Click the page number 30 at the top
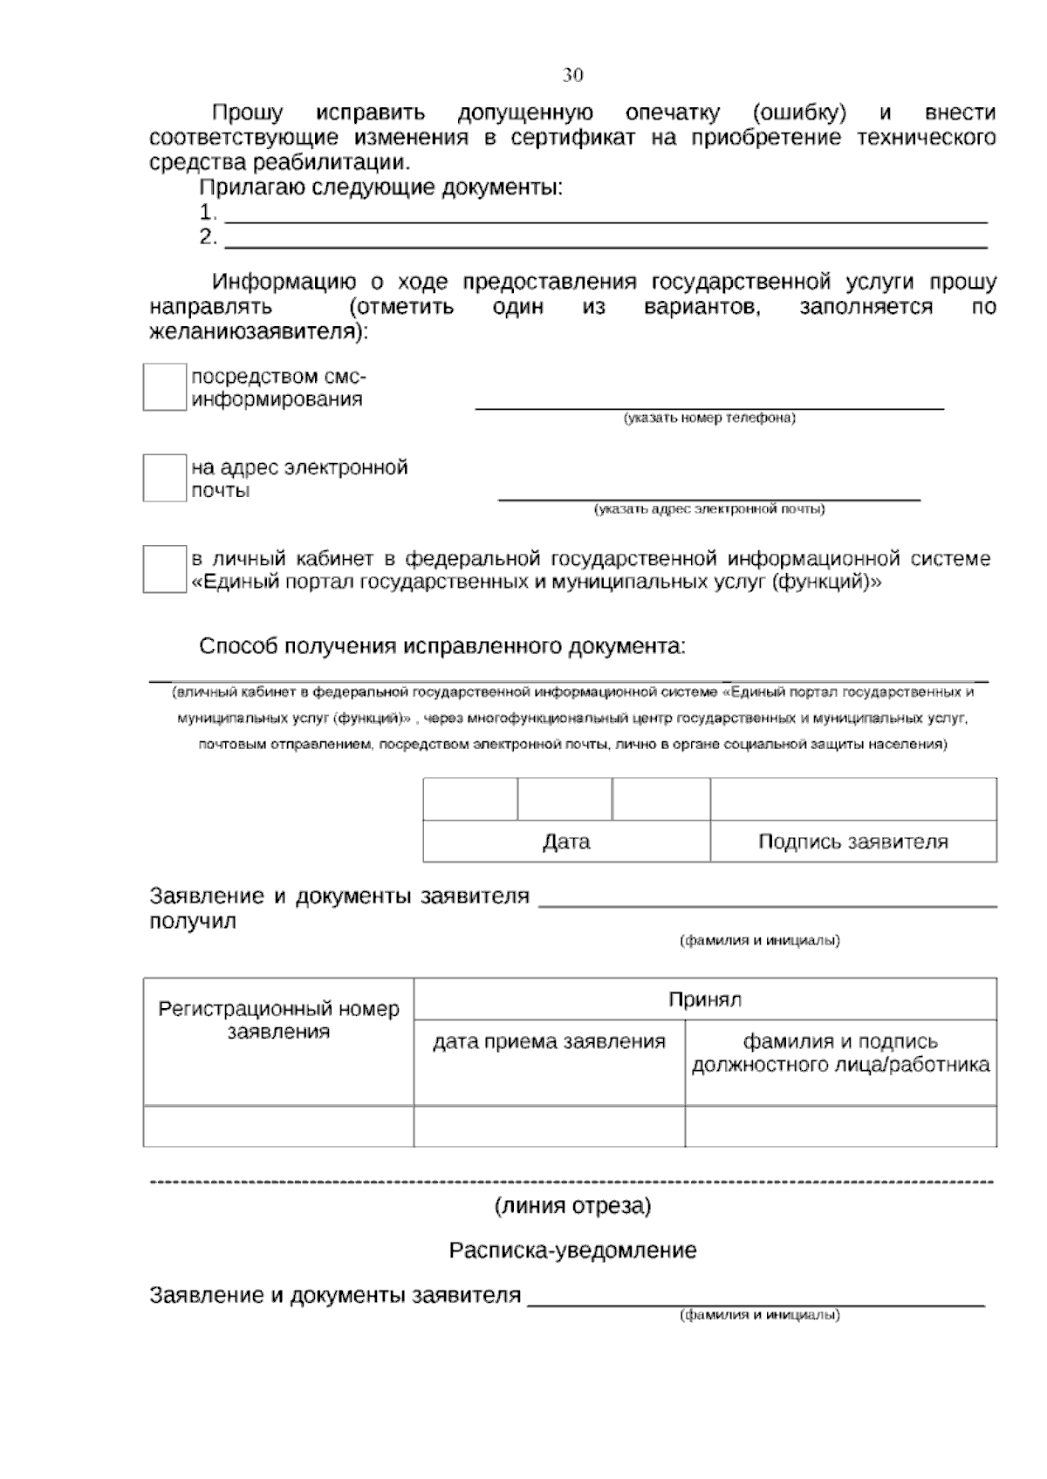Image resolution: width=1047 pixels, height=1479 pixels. point(572,75)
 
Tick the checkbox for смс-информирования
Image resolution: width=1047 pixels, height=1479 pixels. point(164,387)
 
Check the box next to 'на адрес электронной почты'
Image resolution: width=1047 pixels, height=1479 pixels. point(164,478)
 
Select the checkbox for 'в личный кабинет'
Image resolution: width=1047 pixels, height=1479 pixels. point(164,569)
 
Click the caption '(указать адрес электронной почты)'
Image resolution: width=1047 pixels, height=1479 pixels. point(708,509)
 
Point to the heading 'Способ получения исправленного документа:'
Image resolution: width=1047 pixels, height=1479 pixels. point(442,647)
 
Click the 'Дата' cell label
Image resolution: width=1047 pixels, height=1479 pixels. point(566,842)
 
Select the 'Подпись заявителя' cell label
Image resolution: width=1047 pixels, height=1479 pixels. point(852,842)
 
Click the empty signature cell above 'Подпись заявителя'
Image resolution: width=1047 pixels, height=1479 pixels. point(852,799)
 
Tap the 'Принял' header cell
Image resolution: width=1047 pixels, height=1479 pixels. point(705,999)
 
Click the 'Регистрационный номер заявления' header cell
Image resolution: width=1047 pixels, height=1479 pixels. point(278,1020)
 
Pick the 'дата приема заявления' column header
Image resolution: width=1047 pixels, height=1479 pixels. point(549,1041)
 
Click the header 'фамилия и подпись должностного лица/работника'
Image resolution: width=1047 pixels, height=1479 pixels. point(840,1053)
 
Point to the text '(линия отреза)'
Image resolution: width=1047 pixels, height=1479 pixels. point(572,1207)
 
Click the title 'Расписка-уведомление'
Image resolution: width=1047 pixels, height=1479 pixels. point(572,1251)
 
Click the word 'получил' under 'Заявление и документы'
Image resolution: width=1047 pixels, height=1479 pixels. point(193,921)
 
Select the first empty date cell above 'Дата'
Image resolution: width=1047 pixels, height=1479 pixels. point(470,799)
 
